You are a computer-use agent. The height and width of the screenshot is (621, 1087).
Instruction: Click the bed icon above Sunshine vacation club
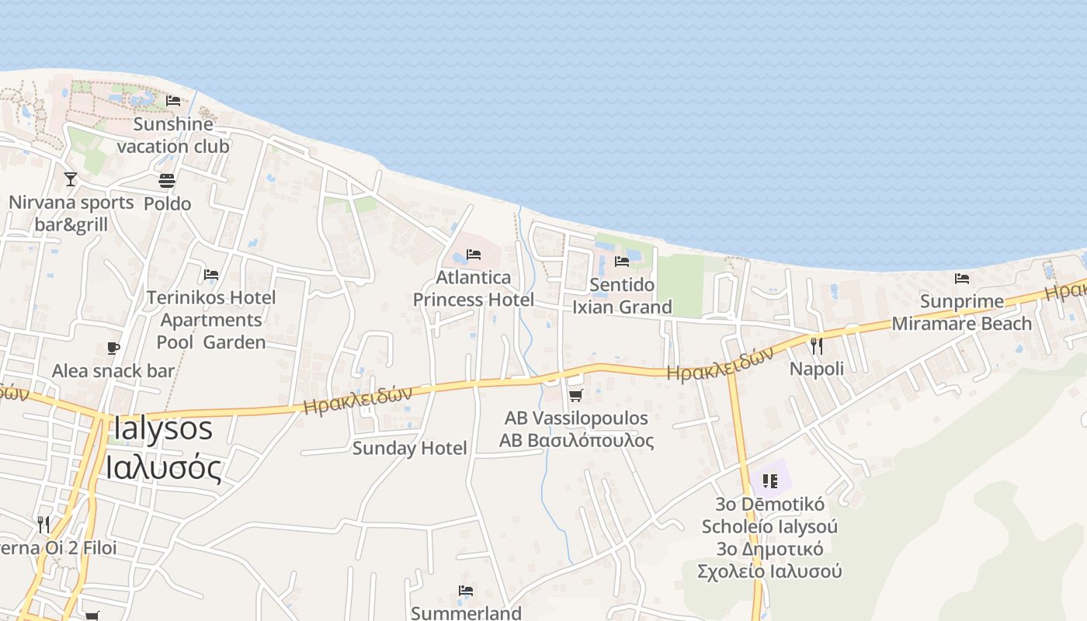[x=173, y=101]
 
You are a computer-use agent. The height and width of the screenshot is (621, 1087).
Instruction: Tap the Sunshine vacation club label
[x=173, y=135]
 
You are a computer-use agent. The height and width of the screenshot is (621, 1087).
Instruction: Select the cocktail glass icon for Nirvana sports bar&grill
[x=71, y=179]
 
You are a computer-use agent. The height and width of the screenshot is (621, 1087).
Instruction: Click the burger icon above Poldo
[x=167, y=181]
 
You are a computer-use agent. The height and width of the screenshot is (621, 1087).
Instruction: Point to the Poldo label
[x=167, y=203]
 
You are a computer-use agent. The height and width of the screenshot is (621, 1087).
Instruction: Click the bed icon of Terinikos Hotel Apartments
[x=211, y=275]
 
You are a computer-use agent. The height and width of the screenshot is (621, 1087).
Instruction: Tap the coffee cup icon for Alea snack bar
[x=113, y=348]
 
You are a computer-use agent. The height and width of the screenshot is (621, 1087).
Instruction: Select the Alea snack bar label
[x=113, y=371]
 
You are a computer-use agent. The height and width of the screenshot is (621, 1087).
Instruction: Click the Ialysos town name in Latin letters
[x=163, y=428]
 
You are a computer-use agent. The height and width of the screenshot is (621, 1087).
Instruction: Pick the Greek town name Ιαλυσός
[x=163, y=467]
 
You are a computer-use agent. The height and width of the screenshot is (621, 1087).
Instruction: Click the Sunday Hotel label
[x=410, y=448]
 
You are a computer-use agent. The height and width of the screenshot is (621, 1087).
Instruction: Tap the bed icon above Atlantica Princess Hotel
[x=474, y=255]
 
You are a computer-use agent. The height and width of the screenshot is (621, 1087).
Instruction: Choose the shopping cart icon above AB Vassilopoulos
[x=575, y=396]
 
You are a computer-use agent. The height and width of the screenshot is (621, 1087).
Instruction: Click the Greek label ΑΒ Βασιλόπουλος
[x=576, y=441]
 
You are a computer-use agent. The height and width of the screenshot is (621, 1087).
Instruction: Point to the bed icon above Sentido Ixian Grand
[x=622, y=262]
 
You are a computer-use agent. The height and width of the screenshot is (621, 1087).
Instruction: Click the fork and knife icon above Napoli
[x=816, y=345]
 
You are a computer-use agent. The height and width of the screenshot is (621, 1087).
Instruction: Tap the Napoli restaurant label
[x=816, y=369]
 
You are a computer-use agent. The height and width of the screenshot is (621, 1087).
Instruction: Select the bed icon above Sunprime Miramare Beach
[x=962, y=278]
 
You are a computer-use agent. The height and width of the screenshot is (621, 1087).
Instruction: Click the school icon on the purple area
[x=770, y=481]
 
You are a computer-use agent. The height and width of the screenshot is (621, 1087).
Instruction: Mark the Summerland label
[x=466, y=613]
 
